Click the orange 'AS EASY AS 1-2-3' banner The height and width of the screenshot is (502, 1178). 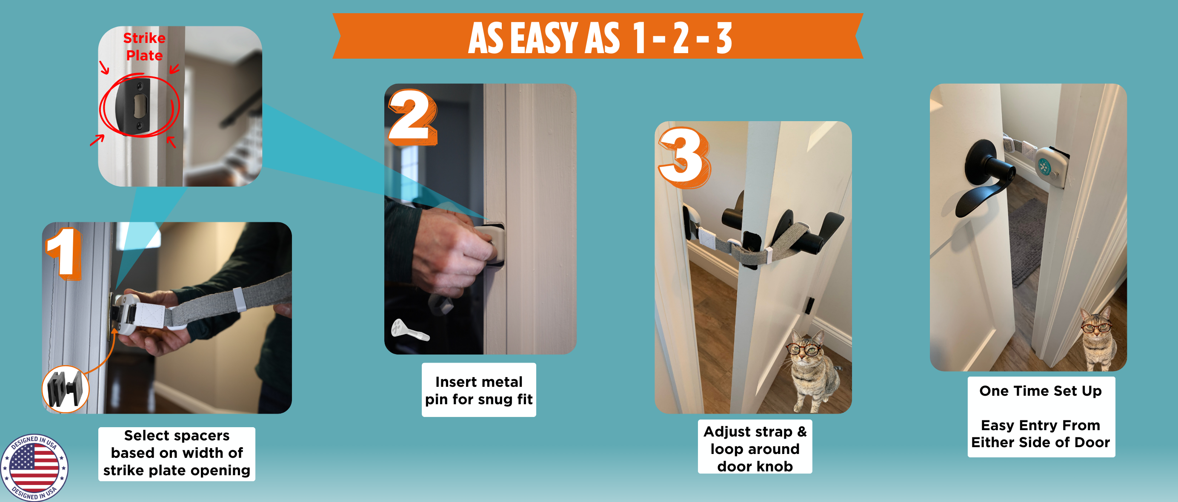[598, 36]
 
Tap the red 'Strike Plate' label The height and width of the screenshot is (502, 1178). [144, 47]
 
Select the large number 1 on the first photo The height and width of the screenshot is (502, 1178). [64, 253]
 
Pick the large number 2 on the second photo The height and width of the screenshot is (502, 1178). [412, 117]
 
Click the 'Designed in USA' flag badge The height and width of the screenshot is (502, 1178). [34, 467]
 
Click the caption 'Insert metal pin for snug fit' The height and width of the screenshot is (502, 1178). [479, 390]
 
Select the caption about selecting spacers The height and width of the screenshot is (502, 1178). [177, 453]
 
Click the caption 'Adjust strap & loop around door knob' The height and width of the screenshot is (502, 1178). [755, 448]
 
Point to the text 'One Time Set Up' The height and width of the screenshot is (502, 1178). [1041, 391]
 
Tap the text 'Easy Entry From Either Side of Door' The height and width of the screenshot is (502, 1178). [1041, 434]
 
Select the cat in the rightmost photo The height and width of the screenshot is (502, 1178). [1097, 338]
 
